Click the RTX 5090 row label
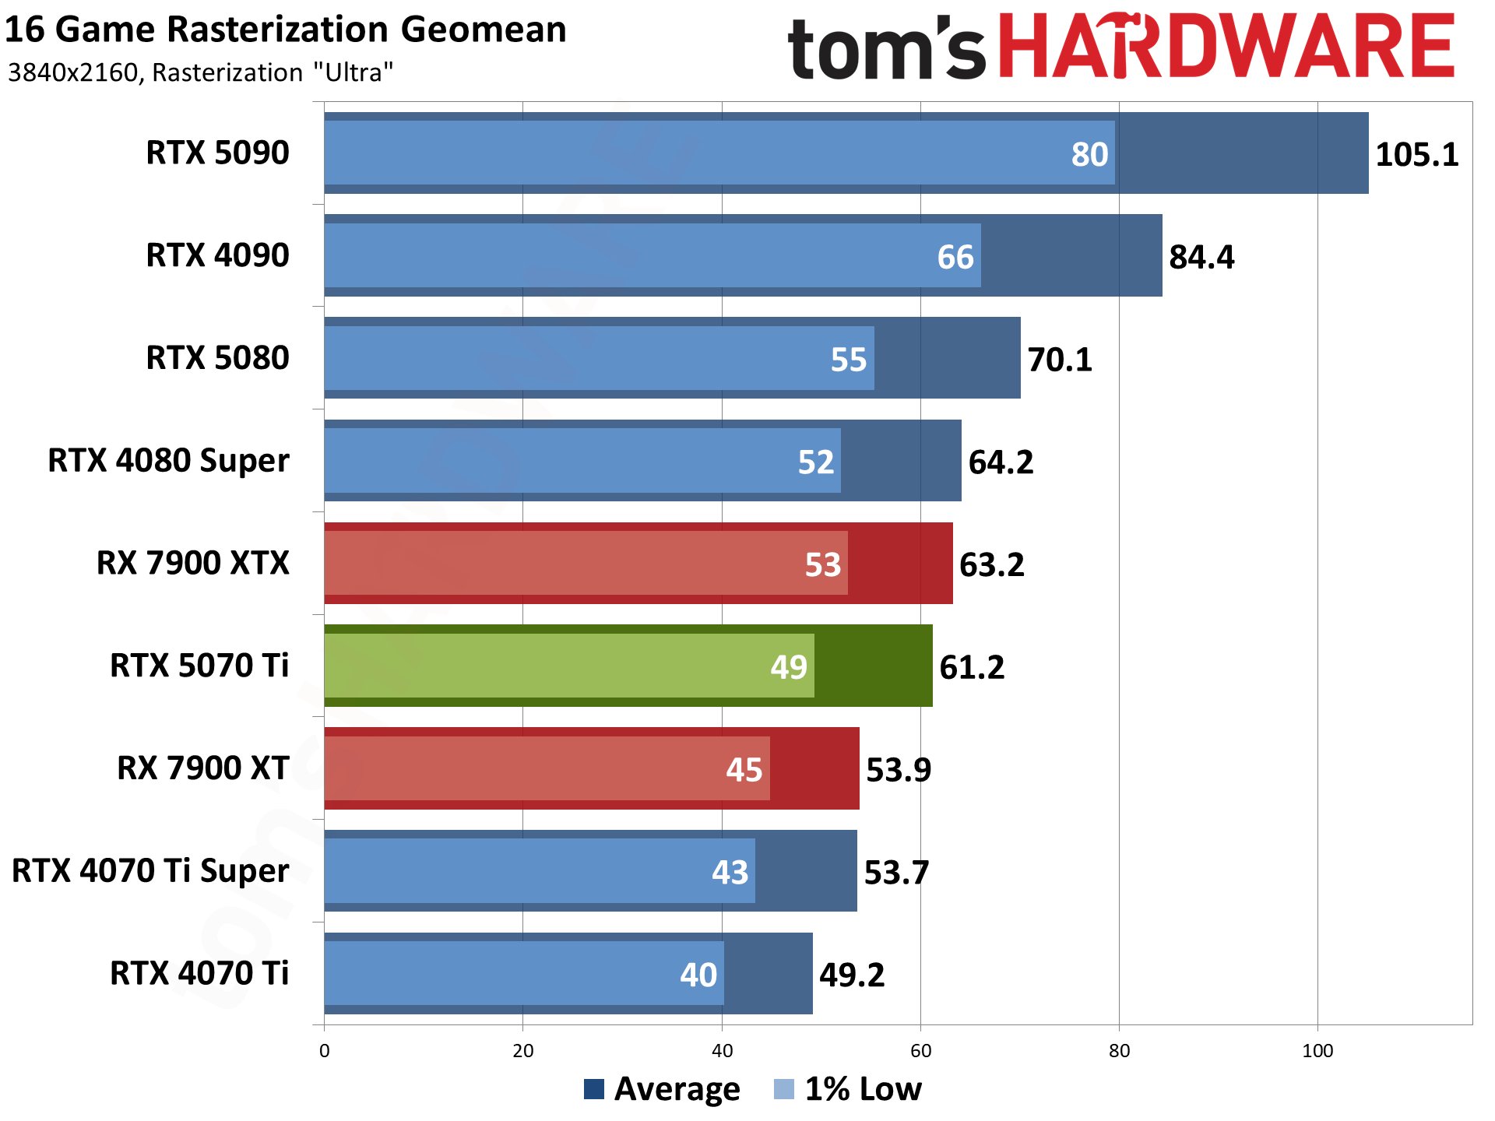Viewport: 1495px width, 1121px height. click(x=217, y=153)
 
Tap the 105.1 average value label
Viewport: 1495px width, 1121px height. click(x=1416, y=154)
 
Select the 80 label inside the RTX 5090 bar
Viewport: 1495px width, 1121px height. click(x=1089, y=154)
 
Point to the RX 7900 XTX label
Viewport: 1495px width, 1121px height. click(x=192, y=563)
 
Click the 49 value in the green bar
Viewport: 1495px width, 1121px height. click(x=788, y=667)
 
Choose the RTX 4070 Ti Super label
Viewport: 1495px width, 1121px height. click(x=150, y=870)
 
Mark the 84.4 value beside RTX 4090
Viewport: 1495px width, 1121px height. click(x=1201, y=257)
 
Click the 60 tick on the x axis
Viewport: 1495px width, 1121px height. click(x=920, y=1051)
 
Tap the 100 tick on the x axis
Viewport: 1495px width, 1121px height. click(x=1317, y=1051)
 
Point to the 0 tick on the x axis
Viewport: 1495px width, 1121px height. click(x=324, y=1051)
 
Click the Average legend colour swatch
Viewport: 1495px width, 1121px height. click(x=594, y=1089)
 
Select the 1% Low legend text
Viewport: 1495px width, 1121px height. click(x=863, y=1089)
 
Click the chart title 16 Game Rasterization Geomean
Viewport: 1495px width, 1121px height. click(x=286, y=30)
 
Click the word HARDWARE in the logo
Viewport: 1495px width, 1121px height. click(x=1226, y=47)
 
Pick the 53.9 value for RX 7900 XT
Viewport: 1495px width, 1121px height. click(x=898, y=770)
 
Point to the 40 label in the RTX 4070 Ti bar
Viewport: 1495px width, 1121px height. click(x=698, y=975)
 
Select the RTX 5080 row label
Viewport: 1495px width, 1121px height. click(x=217, y=358)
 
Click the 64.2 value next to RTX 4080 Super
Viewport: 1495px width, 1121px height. click(x=1001, y=462)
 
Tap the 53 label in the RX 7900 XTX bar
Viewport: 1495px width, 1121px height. click(x=822, y=564)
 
